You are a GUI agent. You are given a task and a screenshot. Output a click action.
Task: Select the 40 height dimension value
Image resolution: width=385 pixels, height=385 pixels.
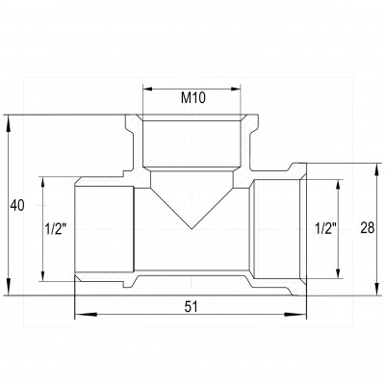(x=16, y=206)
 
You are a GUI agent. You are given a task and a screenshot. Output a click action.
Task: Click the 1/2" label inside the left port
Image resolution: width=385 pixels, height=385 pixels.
(x=56, y=229)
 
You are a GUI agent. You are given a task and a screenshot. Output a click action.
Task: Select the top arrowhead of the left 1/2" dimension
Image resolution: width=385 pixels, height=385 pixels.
(x=45, y=180)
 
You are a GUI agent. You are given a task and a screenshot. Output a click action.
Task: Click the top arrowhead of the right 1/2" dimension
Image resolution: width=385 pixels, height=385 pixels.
(x=338, y=181)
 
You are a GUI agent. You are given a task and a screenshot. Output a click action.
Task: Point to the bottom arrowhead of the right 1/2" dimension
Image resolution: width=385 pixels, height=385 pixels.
(x=338, y=277)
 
